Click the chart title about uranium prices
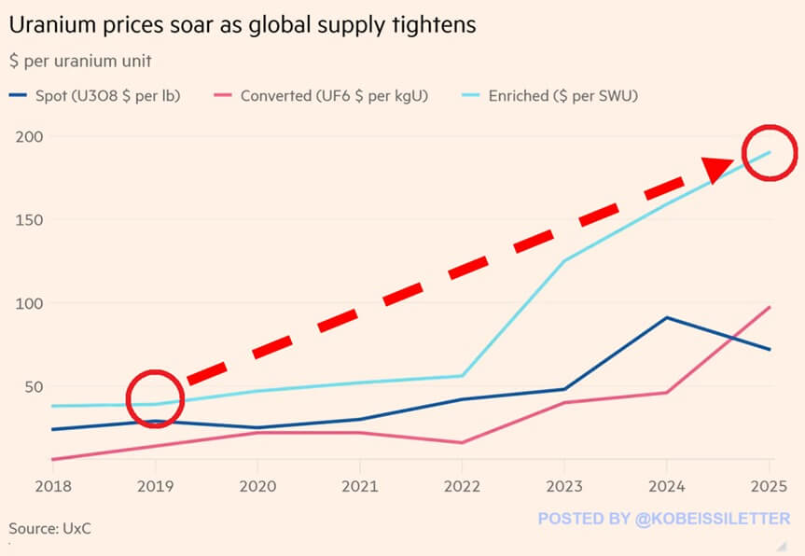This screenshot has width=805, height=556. [243, 25]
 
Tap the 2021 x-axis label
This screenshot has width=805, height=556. [359, 487]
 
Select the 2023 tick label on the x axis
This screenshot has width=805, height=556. [563, 487]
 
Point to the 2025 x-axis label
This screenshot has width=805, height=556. [769, 487]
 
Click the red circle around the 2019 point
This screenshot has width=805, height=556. [155, 398]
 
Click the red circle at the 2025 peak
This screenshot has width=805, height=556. [770, 151]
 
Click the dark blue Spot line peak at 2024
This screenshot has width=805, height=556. [666, 318]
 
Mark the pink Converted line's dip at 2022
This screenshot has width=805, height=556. [462, 442]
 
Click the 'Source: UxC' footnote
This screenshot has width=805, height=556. [50, 529]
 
